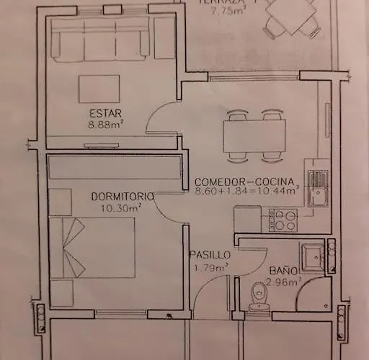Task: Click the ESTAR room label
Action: point(105,112)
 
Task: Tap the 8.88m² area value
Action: point(105,123)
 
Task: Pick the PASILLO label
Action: point(210,256)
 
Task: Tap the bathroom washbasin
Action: point(313,257)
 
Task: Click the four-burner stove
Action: point(282,217)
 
